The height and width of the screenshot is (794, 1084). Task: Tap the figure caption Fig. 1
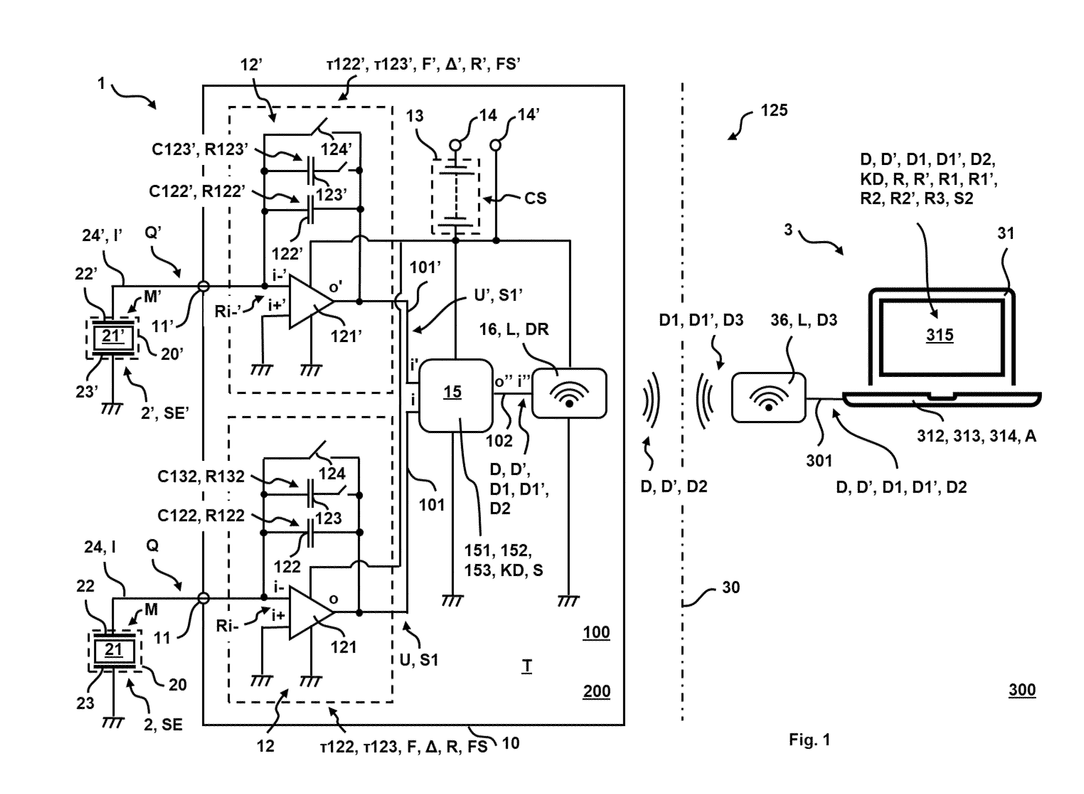pos(810,739)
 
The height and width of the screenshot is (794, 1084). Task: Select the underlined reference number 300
pos(1022,690)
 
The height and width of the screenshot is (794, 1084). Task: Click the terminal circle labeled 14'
pos(495,145)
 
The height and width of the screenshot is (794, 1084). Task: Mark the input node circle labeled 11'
pos(204,287)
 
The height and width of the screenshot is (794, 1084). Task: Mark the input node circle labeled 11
pos(204,598)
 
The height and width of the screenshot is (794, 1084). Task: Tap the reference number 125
pos(774,110)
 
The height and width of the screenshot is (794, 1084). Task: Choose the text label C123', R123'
pos(200,149)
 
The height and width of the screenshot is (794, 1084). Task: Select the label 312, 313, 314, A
pos(976,436)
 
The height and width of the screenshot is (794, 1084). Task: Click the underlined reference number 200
pos(596,691)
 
